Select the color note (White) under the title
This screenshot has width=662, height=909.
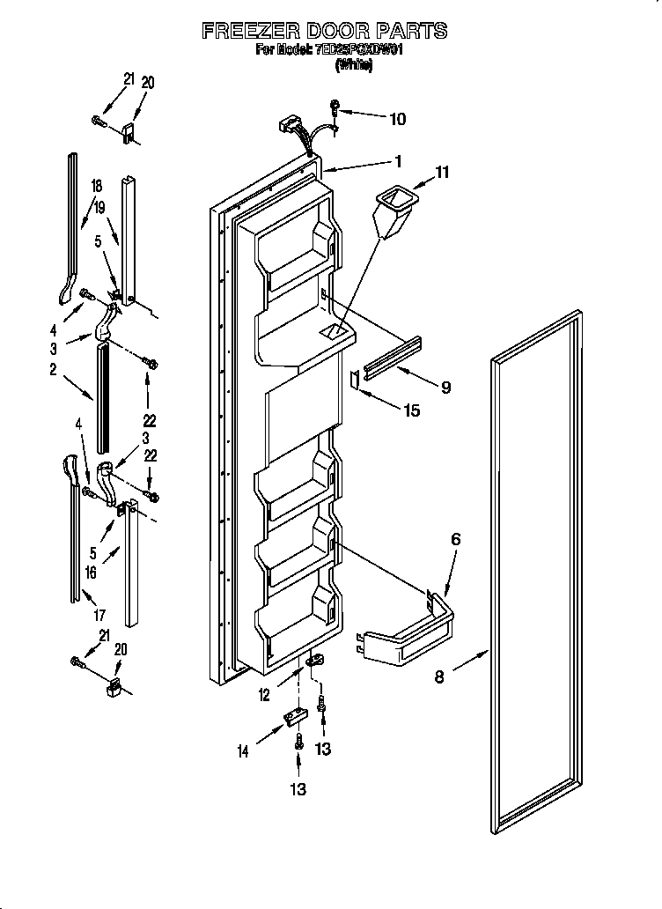[x=353, y=66]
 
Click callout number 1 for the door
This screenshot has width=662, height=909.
[x=398, y=161]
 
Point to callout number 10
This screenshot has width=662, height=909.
[x=398, y=118]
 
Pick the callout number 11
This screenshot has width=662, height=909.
[x=442, y=174]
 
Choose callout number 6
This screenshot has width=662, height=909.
[x=455, y=539]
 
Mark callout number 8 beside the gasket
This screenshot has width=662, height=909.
[x=440, y=676]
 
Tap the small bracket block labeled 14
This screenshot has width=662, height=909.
[x=291, y=721]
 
